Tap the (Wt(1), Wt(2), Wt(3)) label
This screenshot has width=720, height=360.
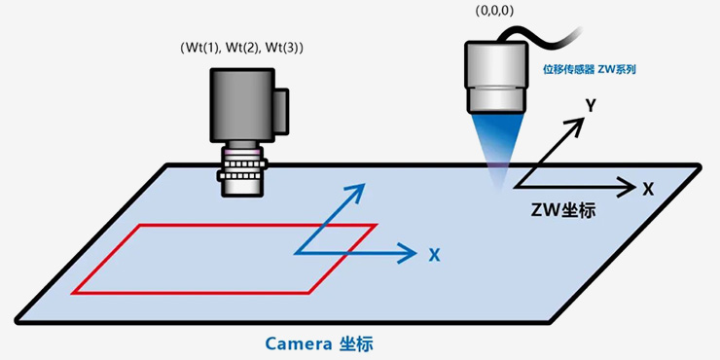pos(241,48)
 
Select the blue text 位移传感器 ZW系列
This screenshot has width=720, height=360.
pos(590,71)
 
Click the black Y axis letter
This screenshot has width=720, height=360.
pos(591,106)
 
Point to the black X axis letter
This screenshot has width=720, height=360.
pos(648,189)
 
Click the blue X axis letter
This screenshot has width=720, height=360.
pos(434,255)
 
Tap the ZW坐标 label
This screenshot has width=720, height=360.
pos(563,211)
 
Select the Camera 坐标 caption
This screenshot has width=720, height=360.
pos(319,343)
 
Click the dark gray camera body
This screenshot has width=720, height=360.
pos(242,105)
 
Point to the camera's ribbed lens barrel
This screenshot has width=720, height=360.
pos(242,171)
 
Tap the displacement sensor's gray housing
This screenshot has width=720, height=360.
pos(496,76)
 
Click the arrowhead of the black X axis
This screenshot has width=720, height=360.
pos(630,187)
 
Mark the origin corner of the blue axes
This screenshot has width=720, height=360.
pos(295,253)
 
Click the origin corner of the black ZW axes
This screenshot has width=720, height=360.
pos(516,187)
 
